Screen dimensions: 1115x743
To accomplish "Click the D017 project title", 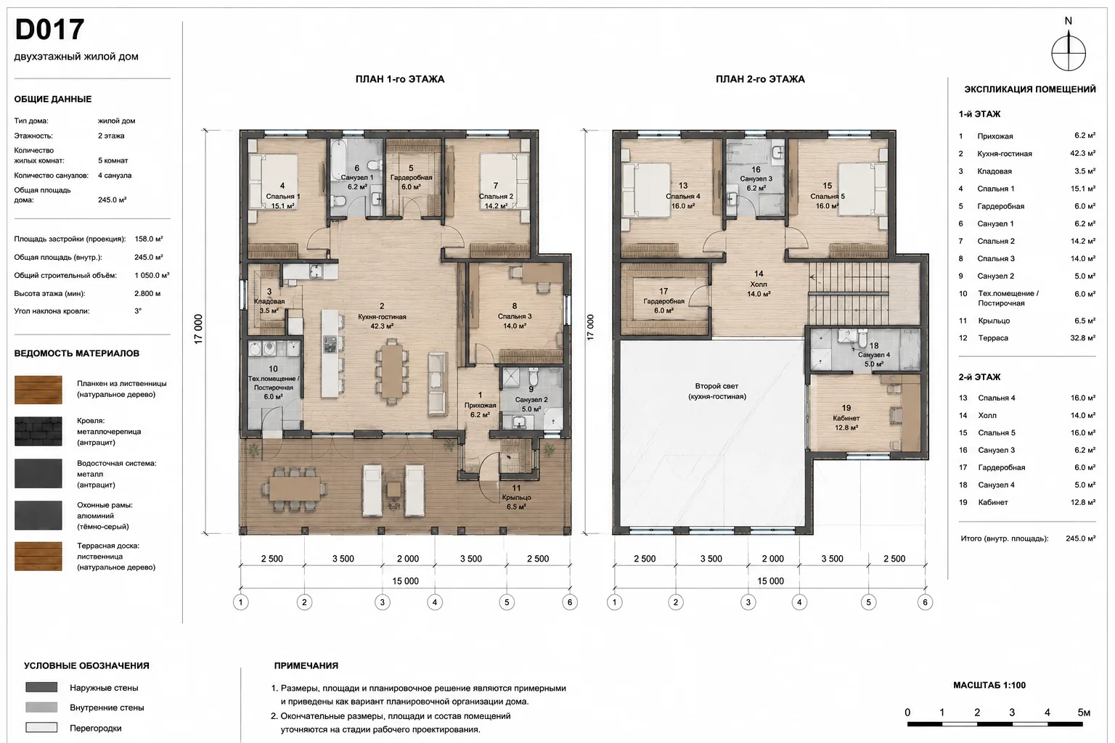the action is (50, 30).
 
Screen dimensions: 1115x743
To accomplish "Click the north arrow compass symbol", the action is (1069, 52).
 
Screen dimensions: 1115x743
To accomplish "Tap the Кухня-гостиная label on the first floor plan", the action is (382, 316).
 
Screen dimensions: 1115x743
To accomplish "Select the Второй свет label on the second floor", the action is (716, 386).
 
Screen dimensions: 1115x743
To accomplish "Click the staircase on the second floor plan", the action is (849, 292).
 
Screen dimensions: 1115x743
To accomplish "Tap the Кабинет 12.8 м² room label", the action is (846, 422).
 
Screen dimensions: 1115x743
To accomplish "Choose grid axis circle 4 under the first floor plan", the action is (435, 602).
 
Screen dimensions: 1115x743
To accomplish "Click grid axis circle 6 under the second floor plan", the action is (925, 602).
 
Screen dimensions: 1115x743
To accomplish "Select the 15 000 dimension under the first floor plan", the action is (405, 580).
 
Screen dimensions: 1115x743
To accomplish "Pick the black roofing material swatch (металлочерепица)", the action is (38, 431).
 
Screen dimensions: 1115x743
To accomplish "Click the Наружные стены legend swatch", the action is (41, 687).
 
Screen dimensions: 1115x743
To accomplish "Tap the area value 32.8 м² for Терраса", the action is (1082, 338).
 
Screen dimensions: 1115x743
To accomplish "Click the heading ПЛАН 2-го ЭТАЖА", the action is (760, 79).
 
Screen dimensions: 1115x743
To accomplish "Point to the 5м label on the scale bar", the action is (1084, 713).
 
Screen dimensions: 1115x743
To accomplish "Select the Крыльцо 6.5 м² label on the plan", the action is (516, 502).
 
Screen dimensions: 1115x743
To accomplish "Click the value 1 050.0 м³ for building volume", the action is (152, 275).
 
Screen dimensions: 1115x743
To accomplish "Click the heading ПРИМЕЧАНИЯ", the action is (306, 665).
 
